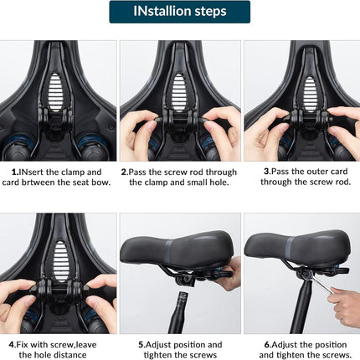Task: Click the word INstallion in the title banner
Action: (162, 11)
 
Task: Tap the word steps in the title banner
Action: (210, 12)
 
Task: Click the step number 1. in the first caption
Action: (15, 172)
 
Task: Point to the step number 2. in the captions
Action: (125, 172)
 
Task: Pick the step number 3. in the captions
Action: (267, 172)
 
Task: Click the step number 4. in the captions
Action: (13, 345)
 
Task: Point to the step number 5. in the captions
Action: (141, 345)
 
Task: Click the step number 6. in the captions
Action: (268, 345)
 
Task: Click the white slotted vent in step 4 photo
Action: (60, 261)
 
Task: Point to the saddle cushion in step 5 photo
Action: (177, 249)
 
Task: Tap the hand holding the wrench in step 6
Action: (344, 306)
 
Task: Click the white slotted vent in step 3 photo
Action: (310, 93)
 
